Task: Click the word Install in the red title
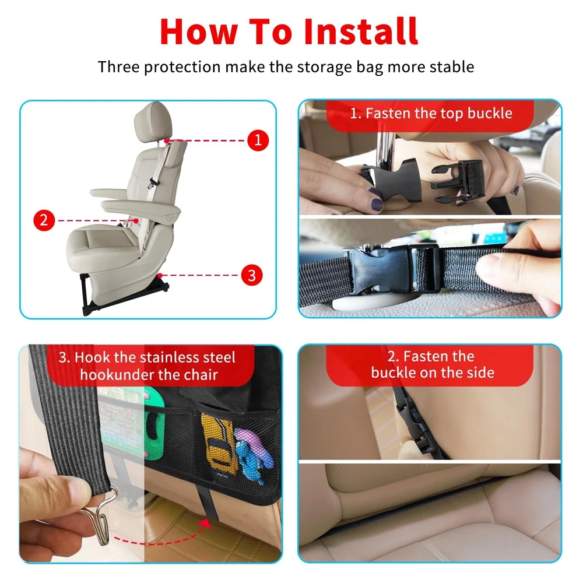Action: pyautogui.click(x=361, y=31)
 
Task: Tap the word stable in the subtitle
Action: pyautogui.click(x=452, y=67)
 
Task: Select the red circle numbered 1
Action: pyautogui.click(x=258, y=140)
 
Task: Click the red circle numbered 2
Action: pyautogui.click(x=44, y=220)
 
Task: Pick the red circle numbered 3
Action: pyautogui.click(x=252, y=276)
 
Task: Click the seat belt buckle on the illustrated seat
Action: pyautogui.click(x=152, y=182)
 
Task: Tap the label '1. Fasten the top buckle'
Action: pyautogui.click(x=431, y=113)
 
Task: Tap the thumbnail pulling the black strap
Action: pyautogui.click(x=490, y=265)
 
